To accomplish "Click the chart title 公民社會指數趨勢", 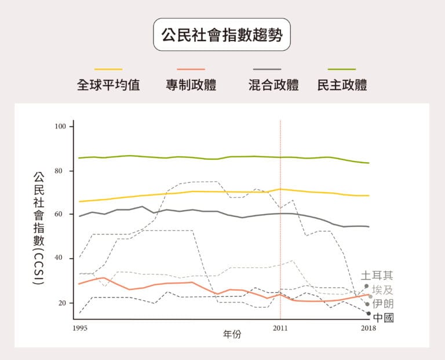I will click(222, 35).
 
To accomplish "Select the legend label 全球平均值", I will click(108, 86).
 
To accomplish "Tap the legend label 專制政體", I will click(191, 86).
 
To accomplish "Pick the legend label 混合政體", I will click(273, 86).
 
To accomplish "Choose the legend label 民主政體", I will click(342, 86).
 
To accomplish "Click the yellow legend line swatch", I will click(108, 69).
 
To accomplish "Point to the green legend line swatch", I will click(342, 69).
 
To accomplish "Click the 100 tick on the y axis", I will click(61, 126).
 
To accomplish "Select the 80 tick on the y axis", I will click(62, 171).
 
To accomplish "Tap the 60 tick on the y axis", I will click(62, 214).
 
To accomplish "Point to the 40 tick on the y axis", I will click(62, 258).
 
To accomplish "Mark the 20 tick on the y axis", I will click(62, 303).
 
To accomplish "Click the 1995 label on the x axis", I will click(80, 328).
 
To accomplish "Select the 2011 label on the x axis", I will click(280, 328).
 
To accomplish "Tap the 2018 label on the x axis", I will click(369, 328).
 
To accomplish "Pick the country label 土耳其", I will click(377, 275).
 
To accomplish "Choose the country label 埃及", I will click(382, 290).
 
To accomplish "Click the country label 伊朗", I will click(382, 303).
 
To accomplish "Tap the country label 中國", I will click(384, 317).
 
